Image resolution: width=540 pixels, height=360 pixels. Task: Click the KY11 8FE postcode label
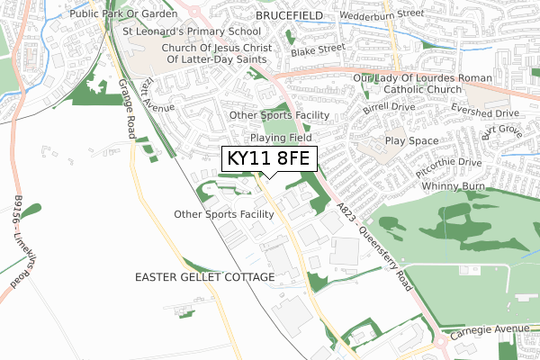tap(269, 159)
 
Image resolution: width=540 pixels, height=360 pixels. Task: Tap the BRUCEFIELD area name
tap(294, 16)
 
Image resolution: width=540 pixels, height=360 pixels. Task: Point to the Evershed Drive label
tap(485, 114)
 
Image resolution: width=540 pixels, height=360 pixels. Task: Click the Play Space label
tap(411, 141)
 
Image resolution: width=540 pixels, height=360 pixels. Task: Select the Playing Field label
tap(281, 139)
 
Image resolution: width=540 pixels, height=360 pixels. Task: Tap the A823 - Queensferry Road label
tap(375, 244)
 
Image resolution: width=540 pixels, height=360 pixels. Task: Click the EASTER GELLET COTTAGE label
tap(204, 277)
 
